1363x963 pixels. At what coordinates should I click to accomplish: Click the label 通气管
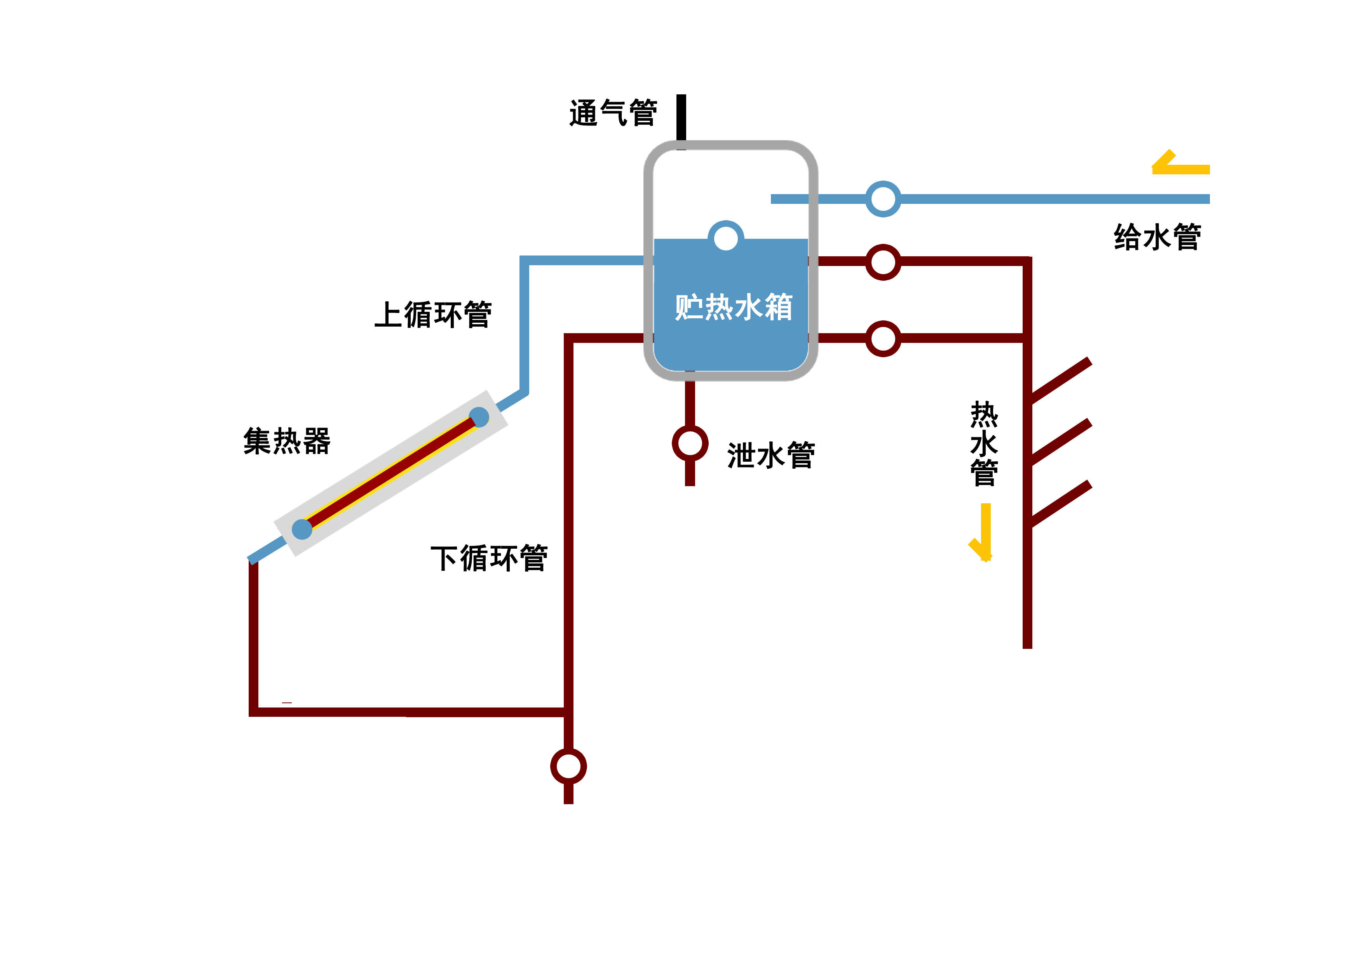pos(613,113)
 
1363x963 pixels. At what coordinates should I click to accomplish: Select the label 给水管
pos(1157,237)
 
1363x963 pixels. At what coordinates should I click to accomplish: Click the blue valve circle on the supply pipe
pos(883,199)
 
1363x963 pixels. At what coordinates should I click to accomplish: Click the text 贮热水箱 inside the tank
pos(733,308)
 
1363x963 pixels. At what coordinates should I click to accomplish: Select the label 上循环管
pos(433,315)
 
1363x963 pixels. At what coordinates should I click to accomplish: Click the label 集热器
pos(287,441)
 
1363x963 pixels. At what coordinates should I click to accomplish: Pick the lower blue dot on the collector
pos(302,528)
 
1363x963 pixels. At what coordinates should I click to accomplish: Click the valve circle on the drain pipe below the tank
pos(690,443)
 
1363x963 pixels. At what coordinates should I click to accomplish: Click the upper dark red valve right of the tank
pos(883,262)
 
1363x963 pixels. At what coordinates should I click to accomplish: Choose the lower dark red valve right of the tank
pos(883,338)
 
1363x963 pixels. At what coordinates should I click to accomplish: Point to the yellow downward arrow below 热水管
pos(984,532)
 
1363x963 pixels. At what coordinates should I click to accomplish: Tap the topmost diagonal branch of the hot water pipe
pos(1060,380)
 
